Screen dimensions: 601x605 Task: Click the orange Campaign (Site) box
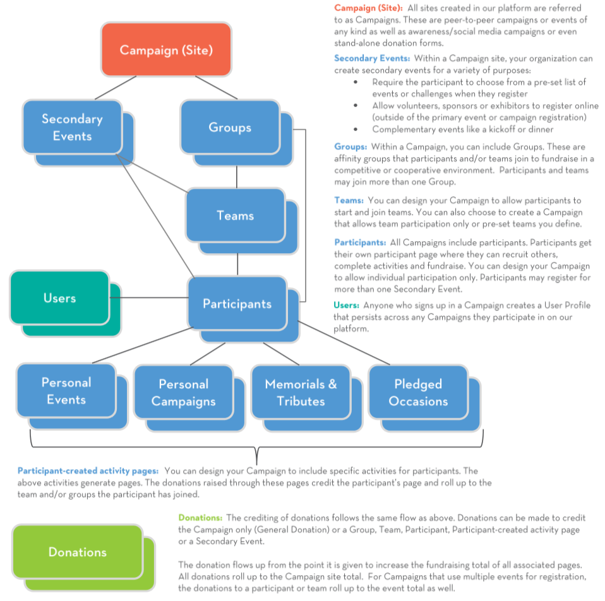[166, 49]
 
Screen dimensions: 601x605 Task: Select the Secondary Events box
[72, 127]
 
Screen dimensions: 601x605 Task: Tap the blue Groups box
[230, 127]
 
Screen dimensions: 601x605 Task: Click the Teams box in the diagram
[235, 215]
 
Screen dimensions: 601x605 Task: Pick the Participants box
[236, 304]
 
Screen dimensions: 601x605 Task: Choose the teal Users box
[59, 297]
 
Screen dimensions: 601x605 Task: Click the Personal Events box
[66, 391]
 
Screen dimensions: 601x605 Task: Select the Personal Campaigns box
[183, 392]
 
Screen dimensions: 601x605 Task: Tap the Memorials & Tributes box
[301, 392]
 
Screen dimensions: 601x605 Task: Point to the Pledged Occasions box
[418, 392]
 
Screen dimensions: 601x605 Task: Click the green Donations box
[77, 552]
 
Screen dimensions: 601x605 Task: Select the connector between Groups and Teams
[236, 177]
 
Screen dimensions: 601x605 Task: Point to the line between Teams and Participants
[237, 264]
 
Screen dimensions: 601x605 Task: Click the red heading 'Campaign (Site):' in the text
[368, 8]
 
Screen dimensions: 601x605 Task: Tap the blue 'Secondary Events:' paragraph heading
[372, 58]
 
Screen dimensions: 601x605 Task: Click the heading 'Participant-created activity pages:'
[88, 471]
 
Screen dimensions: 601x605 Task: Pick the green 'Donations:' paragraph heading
[200, 518]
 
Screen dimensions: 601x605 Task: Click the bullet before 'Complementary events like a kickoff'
[356, 129]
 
